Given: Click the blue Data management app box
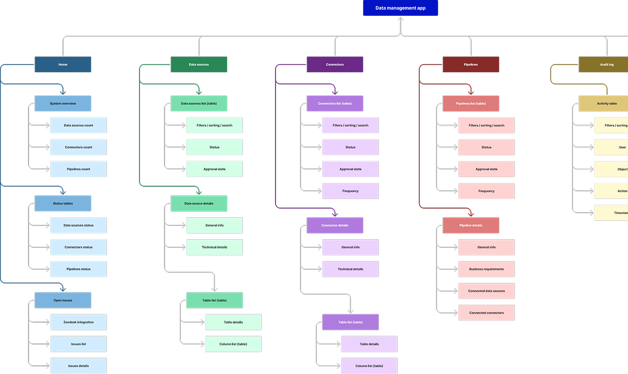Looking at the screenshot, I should point(400,8).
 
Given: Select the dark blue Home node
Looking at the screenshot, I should point(63,65).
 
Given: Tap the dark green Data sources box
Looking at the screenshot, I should point(199,65).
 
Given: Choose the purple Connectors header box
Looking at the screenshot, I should point(335,65).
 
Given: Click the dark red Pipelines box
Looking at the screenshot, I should point(471,65).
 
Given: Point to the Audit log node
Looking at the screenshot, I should point(604,65).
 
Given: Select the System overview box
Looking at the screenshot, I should point(63,103).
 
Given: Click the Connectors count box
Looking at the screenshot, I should point(78,147).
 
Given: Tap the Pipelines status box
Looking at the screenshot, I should point(78,269).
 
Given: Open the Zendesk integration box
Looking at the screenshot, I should point(78,322).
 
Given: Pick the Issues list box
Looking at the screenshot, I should point(78,344).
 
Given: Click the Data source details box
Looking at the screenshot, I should point(199,204).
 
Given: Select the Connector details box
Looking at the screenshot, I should point(335,225).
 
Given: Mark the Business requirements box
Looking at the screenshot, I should point(486,269).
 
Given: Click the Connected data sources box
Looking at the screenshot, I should point(486,291).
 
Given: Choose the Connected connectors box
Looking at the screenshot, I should point(486,313).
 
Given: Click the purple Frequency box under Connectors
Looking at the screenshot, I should point(350,191).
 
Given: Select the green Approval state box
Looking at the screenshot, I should point(214,169).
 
